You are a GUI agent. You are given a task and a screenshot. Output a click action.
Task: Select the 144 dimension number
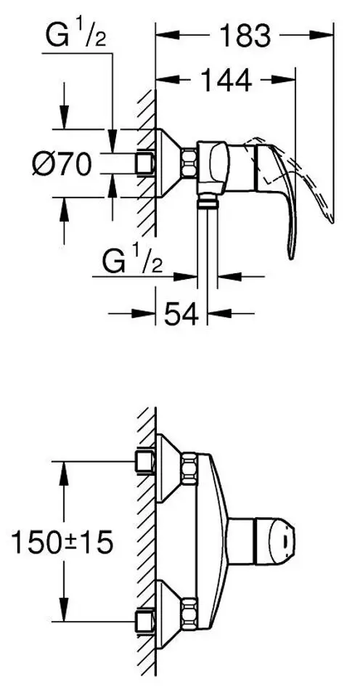click(x=226, y=80)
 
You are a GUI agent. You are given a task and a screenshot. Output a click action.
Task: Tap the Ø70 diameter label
click(x=62, y=164)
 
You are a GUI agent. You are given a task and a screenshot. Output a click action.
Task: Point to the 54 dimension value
click(x=181, y=314)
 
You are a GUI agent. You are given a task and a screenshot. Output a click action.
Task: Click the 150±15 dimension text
click(x=62, y=543)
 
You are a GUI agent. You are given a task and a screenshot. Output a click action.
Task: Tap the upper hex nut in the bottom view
click(x=189, y=469)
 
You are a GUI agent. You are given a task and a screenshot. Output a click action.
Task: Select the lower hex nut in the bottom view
click(x=189, y=614)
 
